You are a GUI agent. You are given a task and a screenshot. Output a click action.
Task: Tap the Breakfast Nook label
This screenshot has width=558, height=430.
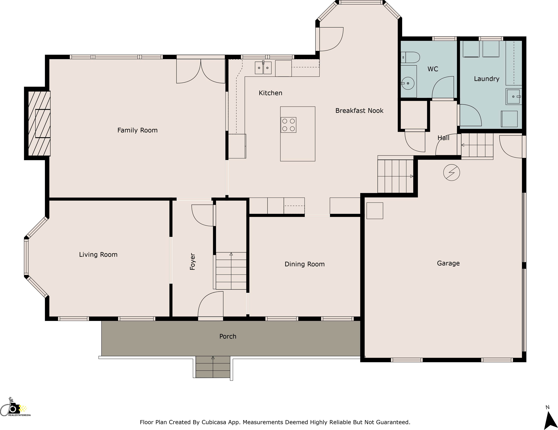tap(359, 111)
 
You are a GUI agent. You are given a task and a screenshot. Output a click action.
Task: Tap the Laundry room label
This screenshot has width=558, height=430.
tap(486, 79)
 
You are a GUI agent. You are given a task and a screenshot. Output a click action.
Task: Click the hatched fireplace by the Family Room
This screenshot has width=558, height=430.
tap(39, 123)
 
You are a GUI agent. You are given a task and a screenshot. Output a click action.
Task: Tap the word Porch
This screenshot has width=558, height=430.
tap(228, 336)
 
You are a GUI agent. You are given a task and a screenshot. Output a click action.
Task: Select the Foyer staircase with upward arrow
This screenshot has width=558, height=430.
tap(231, 271)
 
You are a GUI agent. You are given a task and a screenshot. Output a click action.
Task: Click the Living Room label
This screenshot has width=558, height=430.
tap(98, 255)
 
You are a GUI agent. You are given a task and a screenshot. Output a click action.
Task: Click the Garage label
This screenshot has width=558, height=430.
tap(448, 263)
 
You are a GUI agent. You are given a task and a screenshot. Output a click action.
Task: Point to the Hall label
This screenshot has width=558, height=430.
tap(443, 138)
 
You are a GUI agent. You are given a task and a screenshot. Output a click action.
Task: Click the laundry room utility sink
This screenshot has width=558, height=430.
tap(513, 97)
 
